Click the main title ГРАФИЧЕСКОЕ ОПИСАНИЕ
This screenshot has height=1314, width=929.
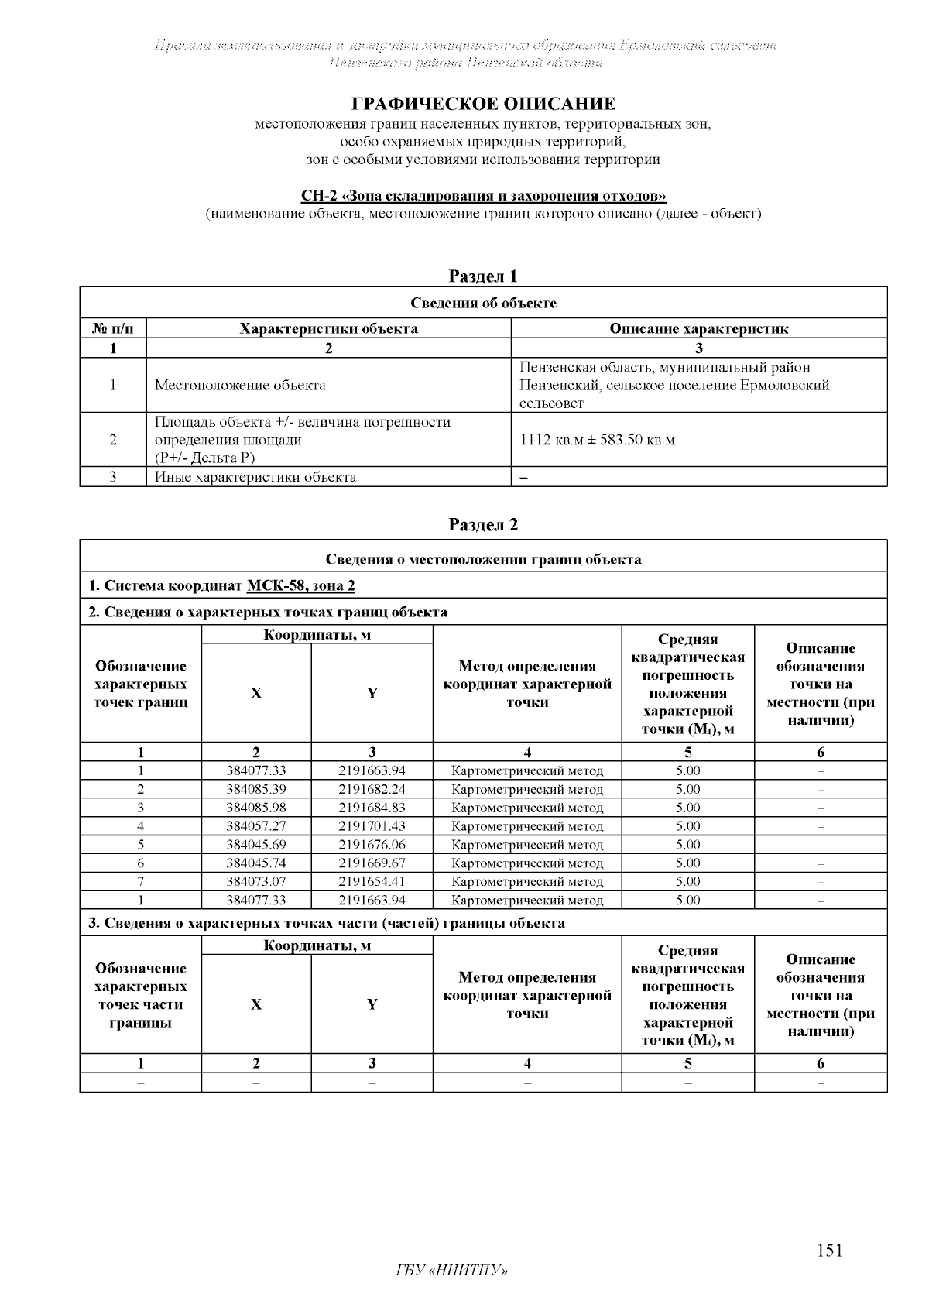483,104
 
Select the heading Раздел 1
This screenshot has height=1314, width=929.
483,276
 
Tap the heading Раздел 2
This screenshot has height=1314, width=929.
483,525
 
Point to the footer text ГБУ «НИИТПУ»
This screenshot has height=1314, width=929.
451,1271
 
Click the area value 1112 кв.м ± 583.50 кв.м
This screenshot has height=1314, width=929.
598,440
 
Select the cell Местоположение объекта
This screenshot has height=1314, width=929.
240,385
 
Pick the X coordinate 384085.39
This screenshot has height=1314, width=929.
256,789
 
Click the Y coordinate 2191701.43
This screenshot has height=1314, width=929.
372,826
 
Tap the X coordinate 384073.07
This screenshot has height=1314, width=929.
256,881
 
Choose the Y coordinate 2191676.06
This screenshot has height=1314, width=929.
372,845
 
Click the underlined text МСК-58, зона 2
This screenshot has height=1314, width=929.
300,585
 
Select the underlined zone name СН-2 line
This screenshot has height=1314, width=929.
483,196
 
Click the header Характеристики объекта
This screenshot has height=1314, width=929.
328,328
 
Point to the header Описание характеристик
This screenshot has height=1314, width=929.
698,328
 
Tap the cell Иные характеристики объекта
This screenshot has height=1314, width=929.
255,477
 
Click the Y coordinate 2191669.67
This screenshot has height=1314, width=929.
372,863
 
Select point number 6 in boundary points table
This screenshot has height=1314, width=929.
141,863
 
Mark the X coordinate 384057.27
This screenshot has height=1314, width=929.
256,826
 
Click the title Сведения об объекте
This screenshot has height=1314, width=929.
483,303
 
